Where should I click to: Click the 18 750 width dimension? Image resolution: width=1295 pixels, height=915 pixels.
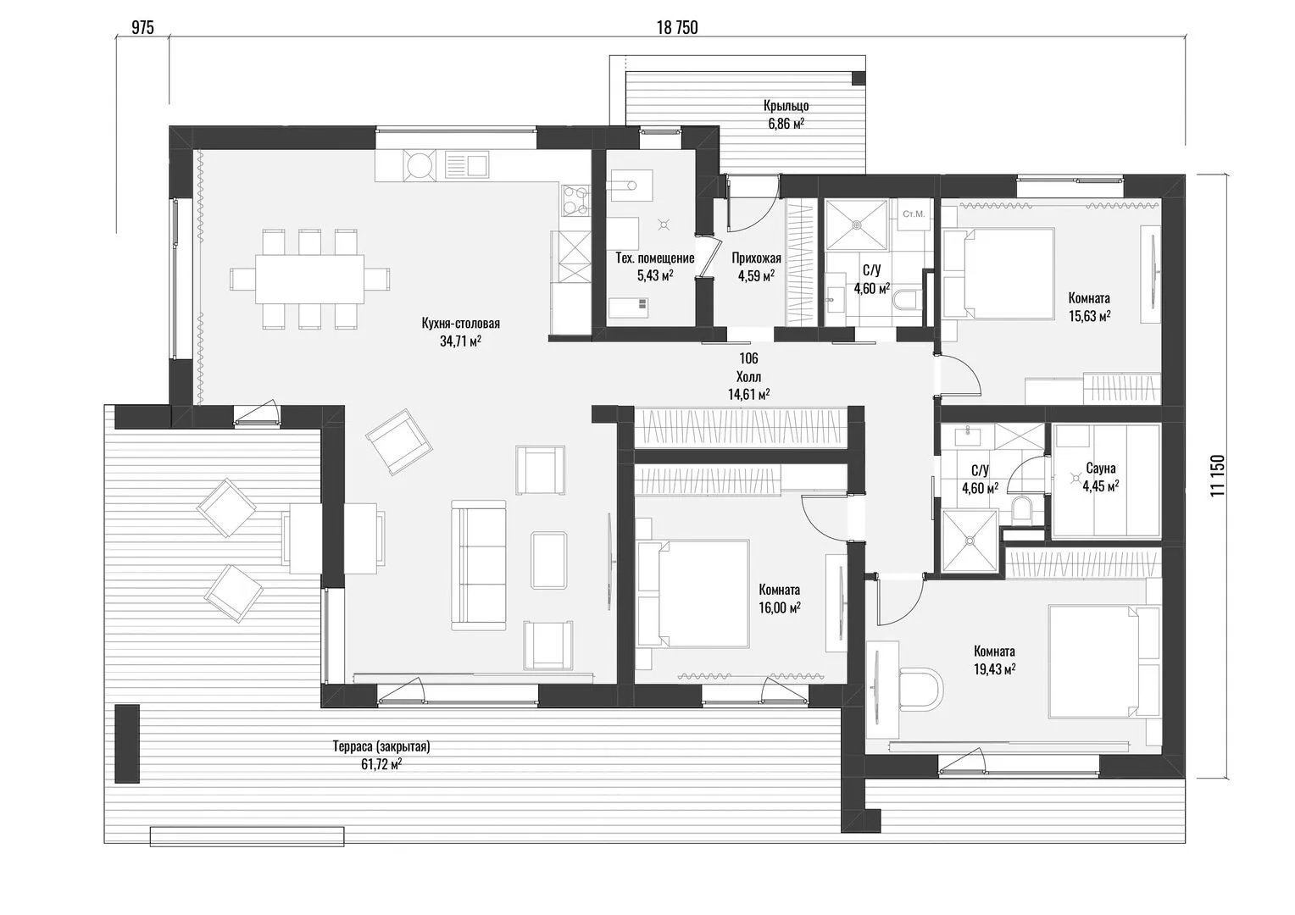(x=677, y=27)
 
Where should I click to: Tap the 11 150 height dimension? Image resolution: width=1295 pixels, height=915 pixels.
(x=1218, y=475)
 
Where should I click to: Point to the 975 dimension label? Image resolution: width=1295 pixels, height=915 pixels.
(x=142, y=27)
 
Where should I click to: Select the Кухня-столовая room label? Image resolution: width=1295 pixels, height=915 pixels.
(x=461, y=323)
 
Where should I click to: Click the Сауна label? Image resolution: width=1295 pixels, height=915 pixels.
(x=1101, y=468)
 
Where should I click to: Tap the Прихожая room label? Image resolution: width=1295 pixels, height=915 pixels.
(x=756, y=258)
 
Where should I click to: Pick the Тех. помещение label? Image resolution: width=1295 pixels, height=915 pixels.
(x=655, y=258)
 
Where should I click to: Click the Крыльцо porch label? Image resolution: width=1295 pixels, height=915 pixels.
(x=786, y=106)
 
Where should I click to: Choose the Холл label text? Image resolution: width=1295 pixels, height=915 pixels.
(x=748, y=377)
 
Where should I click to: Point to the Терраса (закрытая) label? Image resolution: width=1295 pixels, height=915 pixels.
(x=381, y=746)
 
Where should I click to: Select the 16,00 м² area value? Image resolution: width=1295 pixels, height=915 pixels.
(x=780, y=607)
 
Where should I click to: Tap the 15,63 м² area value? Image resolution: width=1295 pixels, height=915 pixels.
(x=1089, y=316)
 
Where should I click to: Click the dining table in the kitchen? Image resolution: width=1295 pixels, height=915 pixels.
(x=310, y=279)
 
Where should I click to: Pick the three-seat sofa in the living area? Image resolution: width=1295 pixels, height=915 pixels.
(x=479, y=565)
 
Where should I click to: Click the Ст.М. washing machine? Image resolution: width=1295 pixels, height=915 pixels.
(x=914, y=214)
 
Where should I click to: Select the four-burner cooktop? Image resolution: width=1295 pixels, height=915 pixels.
(x=574, y=200)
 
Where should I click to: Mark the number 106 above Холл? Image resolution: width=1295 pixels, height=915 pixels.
(x=748, y=358)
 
